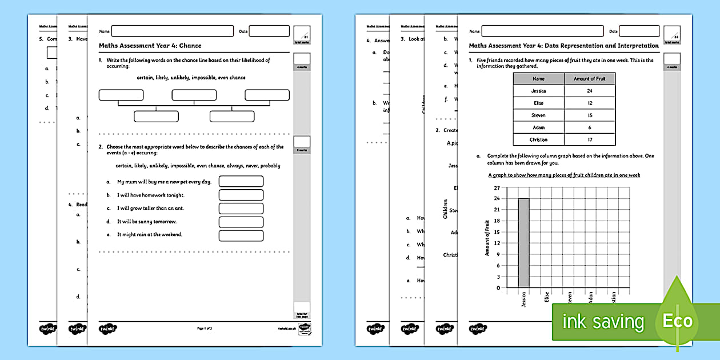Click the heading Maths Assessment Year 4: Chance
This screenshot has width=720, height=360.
coord(150,46)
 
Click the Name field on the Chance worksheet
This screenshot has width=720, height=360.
coord(173,31)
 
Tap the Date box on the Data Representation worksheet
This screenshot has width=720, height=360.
coord(639,31)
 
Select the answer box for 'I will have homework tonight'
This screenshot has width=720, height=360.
coord(241,195)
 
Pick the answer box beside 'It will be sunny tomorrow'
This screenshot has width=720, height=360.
coord(241,222)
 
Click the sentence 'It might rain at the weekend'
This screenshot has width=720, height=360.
coord(150,234)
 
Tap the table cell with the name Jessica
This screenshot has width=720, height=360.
coord(538,91)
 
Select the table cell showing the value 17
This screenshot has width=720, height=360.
coord(589,139)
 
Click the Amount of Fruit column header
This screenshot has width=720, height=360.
coord(589,79)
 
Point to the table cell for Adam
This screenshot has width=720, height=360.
coord(538,127)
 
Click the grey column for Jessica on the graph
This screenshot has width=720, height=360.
coord(523,243)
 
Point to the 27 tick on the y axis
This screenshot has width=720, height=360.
coord(497,187)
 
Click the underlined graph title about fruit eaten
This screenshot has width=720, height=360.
coord(564,175)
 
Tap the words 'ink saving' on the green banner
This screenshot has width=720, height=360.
coord(603,322)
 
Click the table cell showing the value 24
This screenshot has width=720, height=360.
coord(589,91)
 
